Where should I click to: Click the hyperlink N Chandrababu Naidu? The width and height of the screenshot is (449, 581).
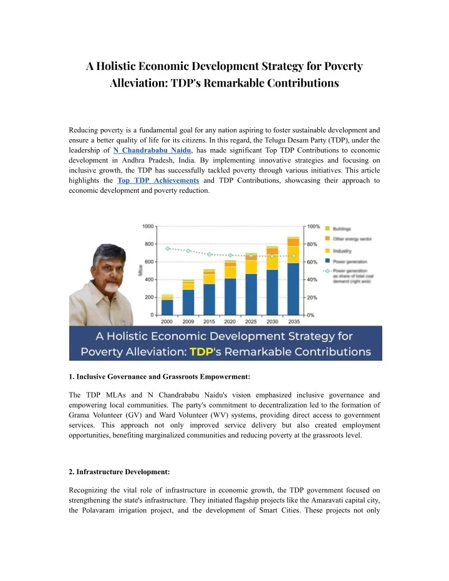[x=152, y=150]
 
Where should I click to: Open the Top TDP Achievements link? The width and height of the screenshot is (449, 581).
[x=158, y=180]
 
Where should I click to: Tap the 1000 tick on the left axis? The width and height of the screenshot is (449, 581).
[x=149, y=225]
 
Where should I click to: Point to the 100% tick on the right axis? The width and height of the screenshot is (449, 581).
[x=313, y=225]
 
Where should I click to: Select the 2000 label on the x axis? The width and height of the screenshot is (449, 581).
[x=167, y=321]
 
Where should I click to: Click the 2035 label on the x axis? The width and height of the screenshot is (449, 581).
[x=293, y=321]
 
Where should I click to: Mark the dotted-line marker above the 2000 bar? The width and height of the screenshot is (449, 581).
[x=167, y=248]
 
